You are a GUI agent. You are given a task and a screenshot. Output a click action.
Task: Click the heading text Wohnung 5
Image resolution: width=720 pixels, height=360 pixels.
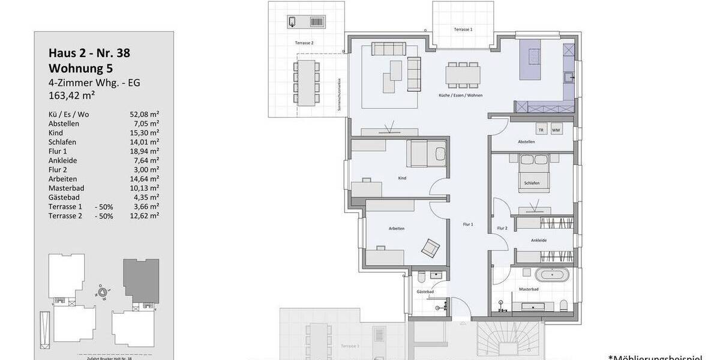pos(80,68)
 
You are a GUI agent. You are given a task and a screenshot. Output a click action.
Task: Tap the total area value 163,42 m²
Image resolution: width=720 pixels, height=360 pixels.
pos(72,95)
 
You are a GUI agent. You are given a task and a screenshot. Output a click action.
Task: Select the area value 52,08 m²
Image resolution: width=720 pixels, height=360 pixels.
pos(144,114)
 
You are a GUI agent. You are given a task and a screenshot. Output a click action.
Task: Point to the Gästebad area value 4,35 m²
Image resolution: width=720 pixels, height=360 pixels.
pos(146,197)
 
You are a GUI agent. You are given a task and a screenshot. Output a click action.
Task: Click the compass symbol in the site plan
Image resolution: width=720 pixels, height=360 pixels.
pos(103,292)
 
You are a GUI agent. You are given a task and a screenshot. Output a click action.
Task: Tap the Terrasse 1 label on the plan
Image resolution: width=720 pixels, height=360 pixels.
pos(463,29)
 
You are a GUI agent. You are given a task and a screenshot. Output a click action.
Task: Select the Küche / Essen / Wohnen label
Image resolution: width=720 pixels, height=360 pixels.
pos(461,96)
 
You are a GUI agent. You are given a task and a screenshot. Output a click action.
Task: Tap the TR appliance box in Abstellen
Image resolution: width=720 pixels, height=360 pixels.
pos(541,130)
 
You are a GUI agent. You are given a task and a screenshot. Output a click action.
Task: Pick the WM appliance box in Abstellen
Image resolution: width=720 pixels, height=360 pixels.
pos(556,130)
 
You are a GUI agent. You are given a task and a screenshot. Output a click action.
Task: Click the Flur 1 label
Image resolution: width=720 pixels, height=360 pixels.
pos(469,224)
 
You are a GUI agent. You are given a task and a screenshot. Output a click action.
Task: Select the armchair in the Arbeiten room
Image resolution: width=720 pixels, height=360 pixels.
pos(430,247)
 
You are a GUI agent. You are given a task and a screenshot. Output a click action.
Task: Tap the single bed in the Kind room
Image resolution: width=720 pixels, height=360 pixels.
pos(427,154)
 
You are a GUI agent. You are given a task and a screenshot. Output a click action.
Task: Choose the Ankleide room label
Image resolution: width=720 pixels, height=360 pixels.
pos(538,240)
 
